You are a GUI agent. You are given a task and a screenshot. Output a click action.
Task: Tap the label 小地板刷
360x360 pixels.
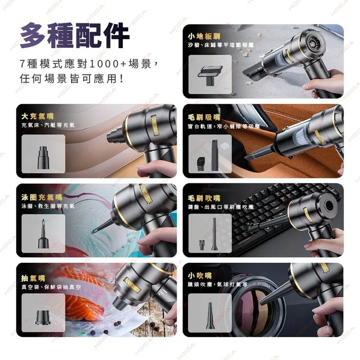(204, 36)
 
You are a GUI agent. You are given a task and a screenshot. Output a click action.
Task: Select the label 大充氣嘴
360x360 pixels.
(37, 116)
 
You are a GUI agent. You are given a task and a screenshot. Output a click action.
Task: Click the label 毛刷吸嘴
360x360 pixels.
(204, 117)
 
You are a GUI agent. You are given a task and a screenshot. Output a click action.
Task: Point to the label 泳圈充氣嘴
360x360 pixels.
(42, 197)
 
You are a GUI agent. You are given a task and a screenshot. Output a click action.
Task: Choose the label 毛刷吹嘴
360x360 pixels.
(204, 198)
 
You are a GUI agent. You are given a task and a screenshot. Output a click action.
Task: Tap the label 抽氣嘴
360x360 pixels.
(33, 278)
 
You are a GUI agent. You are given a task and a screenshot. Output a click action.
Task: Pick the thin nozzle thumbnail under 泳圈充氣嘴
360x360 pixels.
(43, 233)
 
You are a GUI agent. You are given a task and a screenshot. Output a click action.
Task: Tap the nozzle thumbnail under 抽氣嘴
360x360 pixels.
(43, 312)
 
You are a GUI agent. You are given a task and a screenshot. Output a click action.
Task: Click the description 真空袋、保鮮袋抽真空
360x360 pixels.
(51, 288)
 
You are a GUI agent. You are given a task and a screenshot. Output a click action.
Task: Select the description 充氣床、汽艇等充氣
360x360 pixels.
(48, 126)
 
